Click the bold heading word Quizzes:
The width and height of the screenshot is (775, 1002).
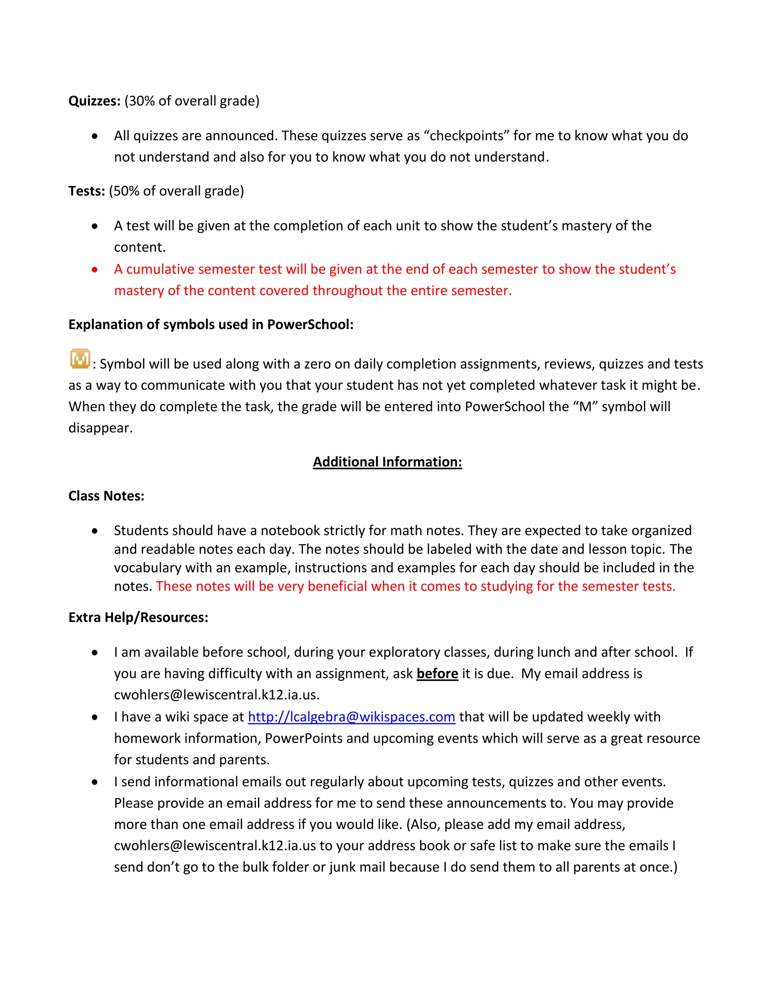coord(94,101)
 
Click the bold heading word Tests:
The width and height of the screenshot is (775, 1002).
coord(87,191)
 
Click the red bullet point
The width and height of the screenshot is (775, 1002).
coord(95,270)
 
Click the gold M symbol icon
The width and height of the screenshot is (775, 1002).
coord(80,359)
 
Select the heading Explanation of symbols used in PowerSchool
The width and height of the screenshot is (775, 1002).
coord(211,324)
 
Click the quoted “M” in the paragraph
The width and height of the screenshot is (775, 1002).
coord(585,406)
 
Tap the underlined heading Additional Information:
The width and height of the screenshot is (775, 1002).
coord(387,462)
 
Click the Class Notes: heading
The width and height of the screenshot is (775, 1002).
coord(106,496)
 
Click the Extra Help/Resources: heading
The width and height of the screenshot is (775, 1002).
coord(138,617)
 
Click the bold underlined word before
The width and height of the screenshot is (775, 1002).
coord(437,673)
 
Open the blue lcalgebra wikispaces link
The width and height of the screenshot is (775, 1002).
coord(351,717)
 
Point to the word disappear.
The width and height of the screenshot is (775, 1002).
coord(100,428)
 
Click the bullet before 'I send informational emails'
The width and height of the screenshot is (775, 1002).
coord(95,782)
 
